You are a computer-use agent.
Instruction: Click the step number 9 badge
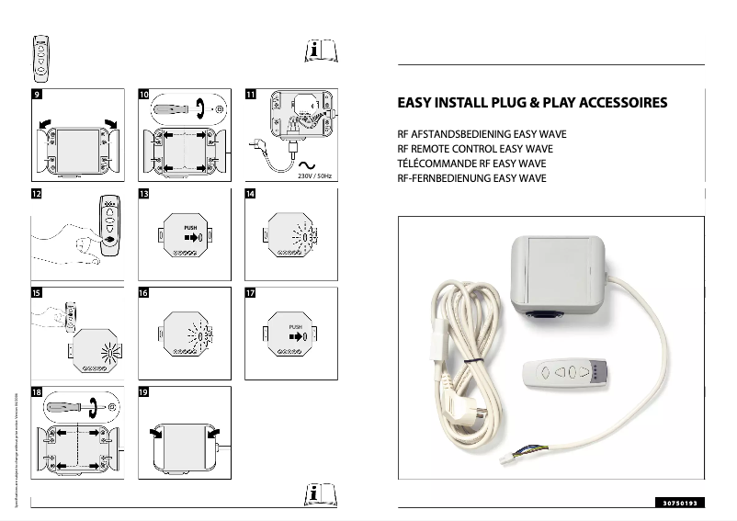point(36,95)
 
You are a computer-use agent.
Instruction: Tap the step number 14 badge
point(250,194)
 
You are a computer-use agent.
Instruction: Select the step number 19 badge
point(143,391)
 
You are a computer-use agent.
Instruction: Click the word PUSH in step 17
point(295,326)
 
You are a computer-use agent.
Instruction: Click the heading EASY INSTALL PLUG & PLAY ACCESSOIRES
point(531,103)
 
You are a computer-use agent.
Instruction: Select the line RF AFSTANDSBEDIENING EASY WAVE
point(481,134)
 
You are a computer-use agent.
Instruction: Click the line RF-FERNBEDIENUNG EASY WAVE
point(471,178)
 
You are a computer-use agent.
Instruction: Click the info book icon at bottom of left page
point(315,494)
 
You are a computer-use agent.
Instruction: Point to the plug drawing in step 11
point(260,144)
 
